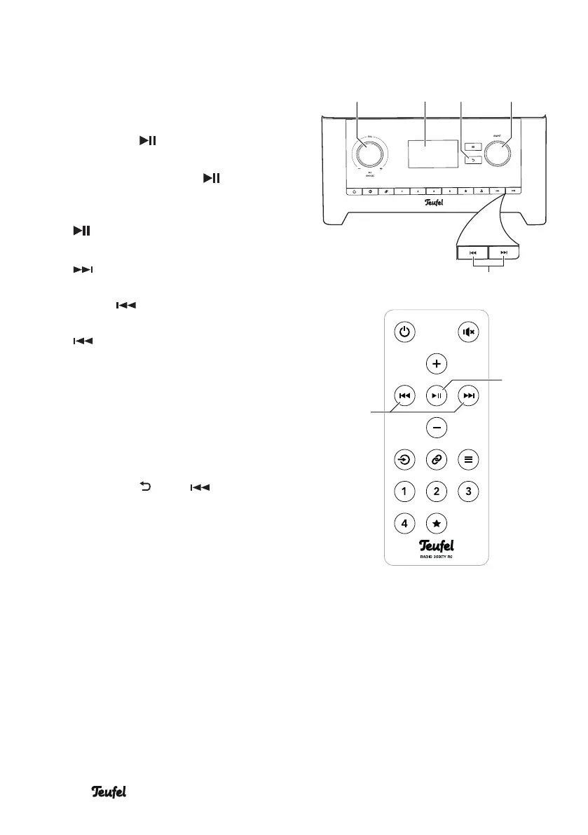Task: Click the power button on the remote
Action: click(404, 332)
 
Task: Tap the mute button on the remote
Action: click(469, 332)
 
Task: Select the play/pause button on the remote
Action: click(436, 396)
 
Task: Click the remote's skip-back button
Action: click(404, 396)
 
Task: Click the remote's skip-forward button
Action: click(469, 396)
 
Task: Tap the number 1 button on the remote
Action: click(404, 491)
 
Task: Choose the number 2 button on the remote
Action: click(436, 491)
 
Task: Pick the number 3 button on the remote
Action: click(469, 491)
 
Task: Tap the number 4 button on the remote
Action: click(404, 523)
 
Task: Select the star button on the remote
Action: click(436, 523)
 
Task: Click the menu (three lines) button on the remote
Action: click(469, 460)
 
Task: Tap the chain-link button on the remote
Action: click(436, 460)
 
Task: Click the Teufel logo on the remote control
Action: click(436, 545)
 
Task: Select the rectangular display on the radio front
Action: click(425, 154)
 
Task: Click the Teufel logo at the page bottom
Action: click(112, 792)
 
